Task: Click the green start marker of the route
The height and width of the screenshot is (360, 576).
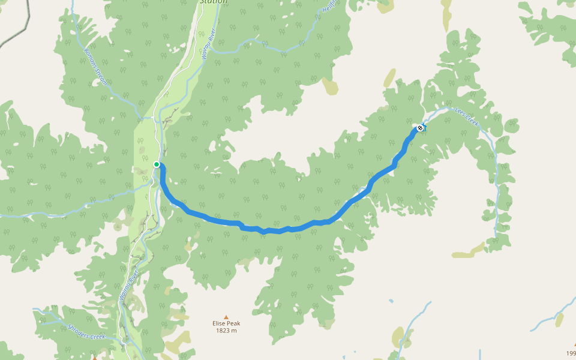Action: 157,164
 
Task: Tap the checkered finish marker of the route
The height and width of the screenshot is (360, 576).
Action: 421,128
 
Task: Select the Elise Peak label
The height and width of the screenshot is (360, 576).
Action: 226,323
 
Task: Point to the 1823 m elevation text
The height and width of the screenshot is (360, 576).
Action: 226,331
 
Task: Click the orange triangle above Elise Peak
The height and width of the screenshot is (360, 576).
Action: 226,317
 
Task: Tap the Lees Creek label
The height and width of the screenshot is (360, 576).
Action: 466,116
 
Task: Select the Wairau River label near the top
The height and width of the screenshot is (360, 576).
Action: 212,46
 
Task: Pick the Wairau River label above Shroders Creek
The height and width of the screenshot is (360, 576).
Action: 128,285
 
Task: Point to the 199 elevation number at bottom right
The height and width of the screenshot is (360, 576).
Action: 571,353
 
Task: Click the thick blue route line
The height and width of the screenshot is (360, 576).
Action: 276,230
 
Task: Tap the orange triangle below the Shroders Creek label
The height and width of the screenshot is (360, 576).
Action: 94,358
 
